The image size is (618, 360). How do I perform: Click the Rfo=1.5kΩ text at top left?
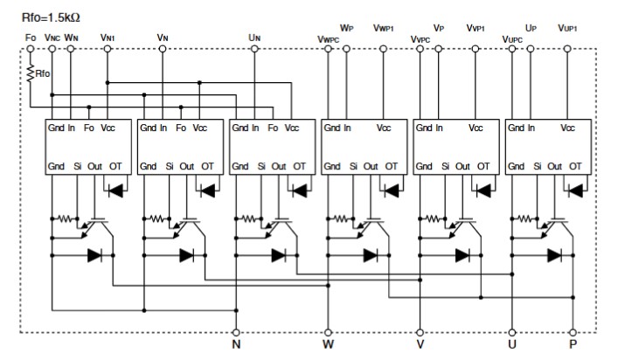click(x=53, y=16)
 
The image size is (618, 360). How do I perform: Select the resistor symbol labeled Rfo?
click(x=31, y=75)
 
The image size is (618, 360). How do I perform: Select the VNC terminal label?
click(x=52, y=38)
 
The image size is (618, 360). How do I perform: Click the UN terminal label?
click(x=254, y=38)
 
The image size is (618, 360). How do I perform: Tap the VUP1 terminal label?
click(x=571, y=28)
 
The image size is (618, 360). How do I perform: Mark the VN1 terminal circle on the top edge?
click(x=108, y=50)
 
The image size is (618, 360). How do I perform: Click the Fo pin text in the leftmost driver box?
click(x=89, y=128)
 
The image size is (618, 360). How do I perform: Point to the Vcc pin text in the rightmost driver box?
click(x=568, y=128)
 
